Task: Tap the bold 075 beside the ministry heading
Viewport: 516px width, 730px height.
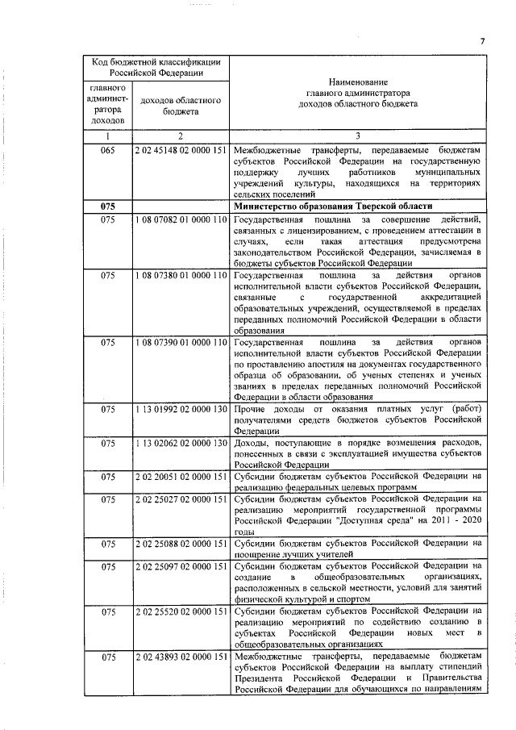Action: [108, 207]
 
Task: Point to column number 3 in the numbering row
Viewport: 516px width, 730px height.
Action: [357, 137]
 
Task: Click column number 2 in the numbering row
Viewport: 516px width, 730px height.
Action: [181, 137]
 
